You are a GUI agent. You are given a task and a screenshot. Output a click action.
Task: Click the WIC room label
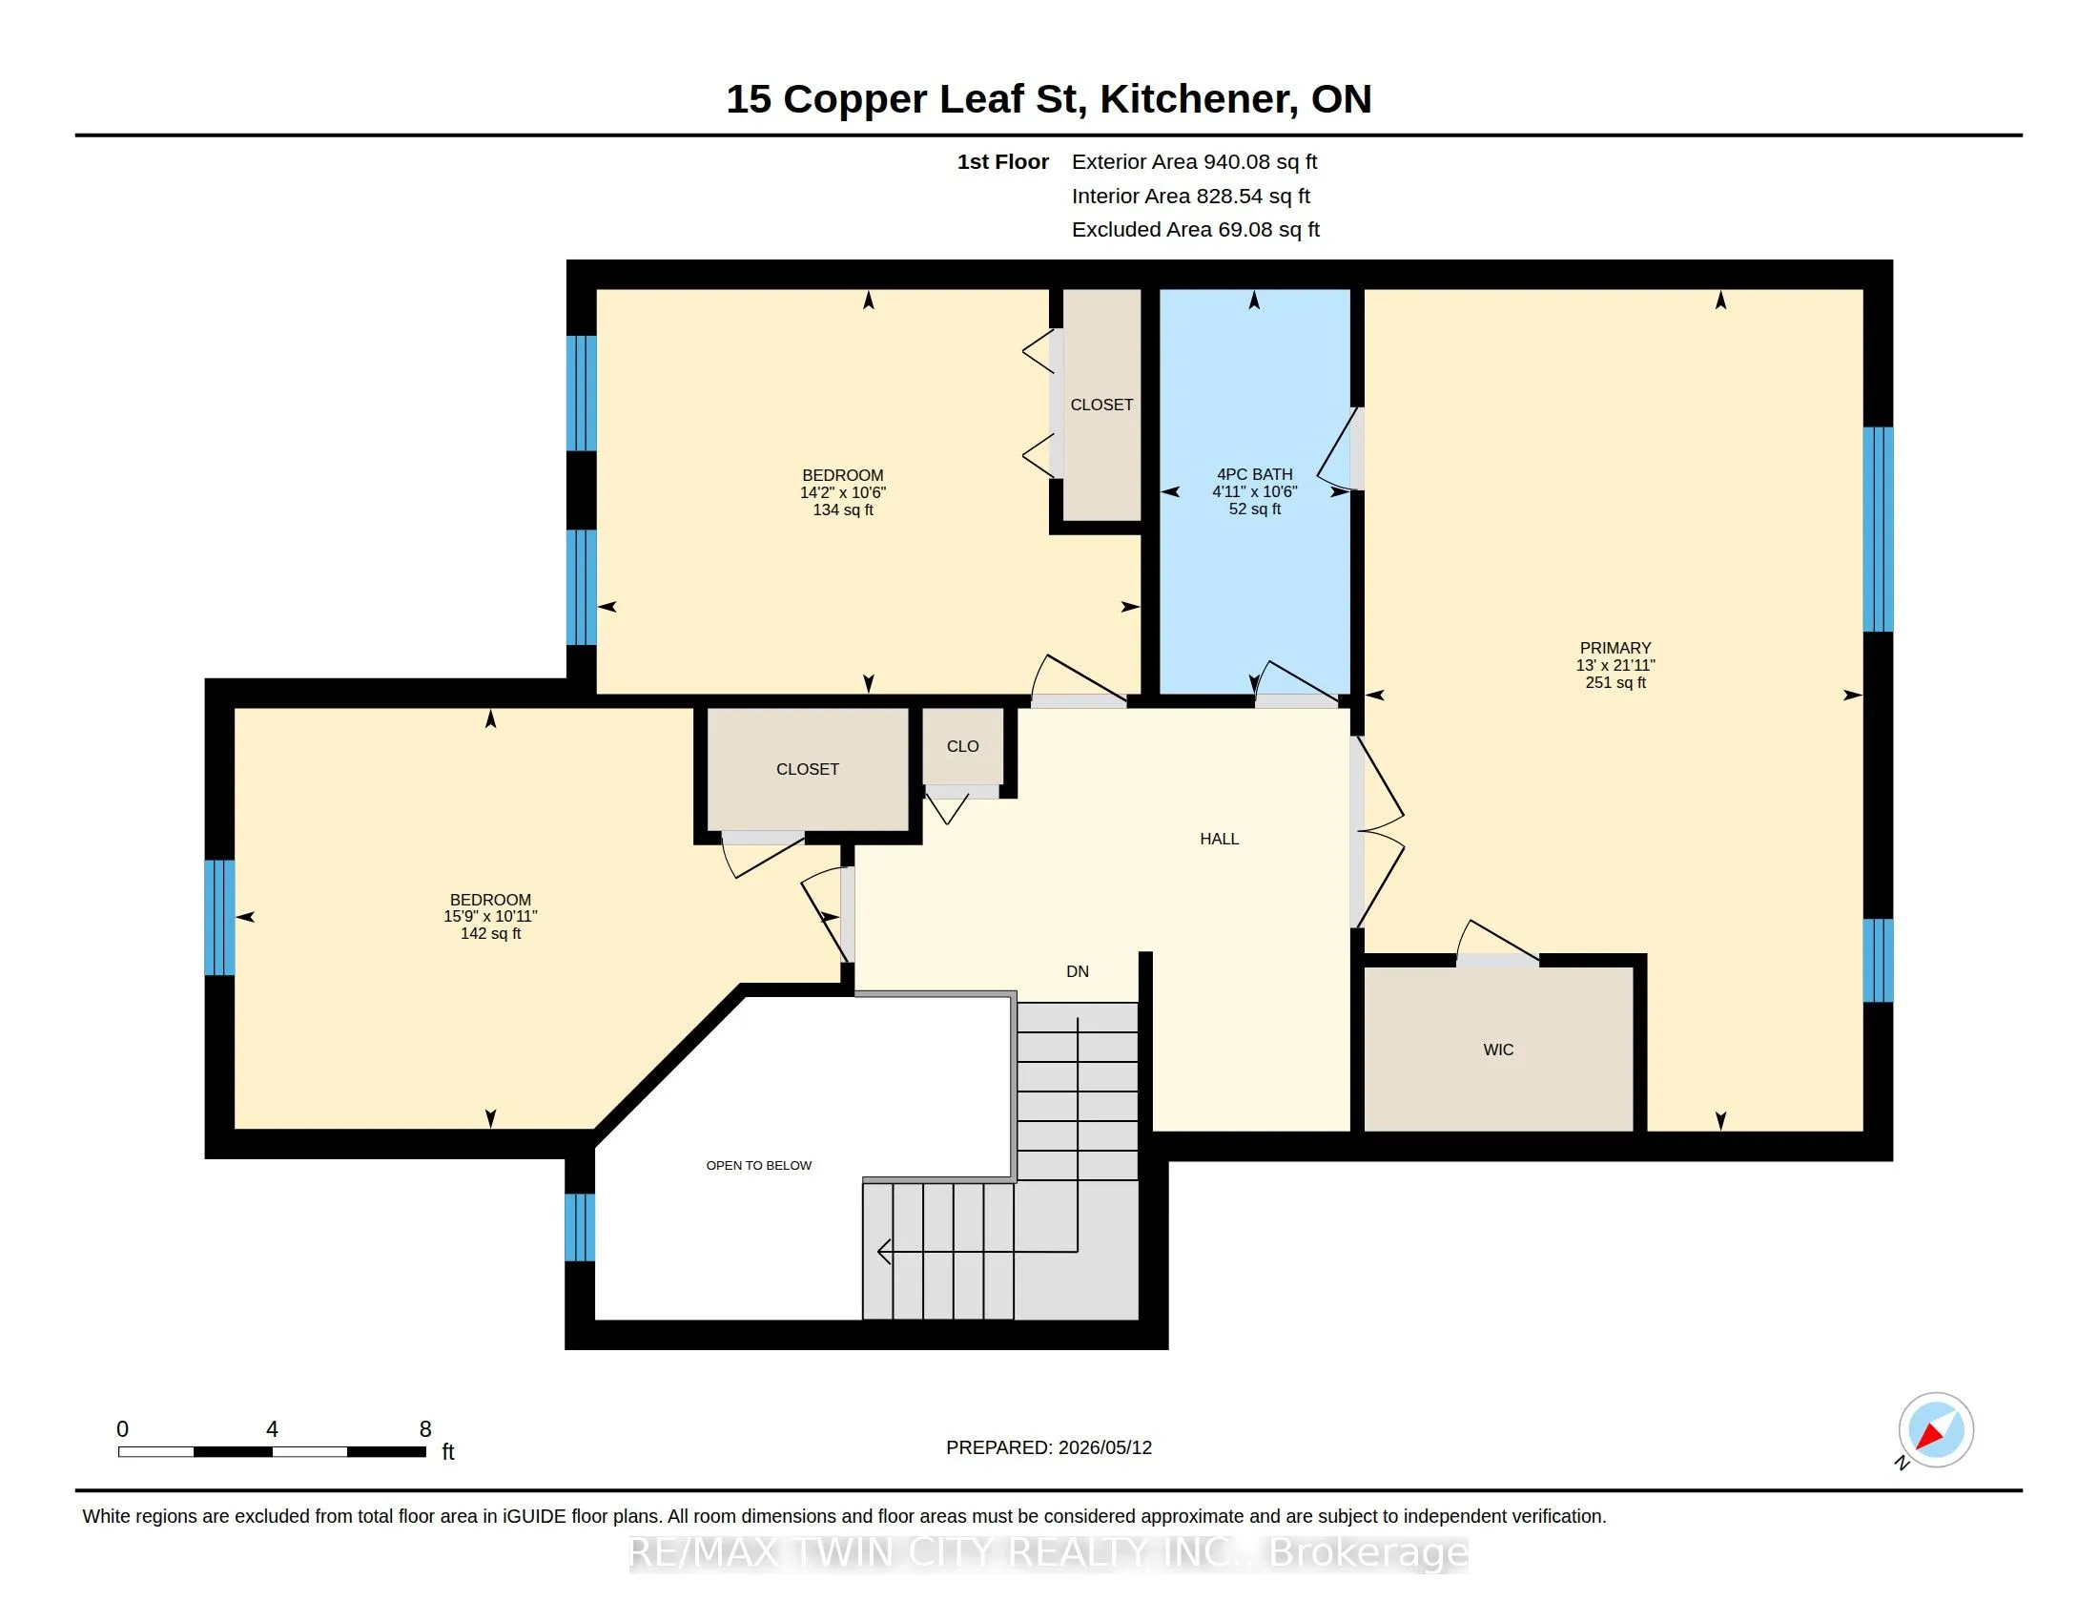tap(1497, 1050)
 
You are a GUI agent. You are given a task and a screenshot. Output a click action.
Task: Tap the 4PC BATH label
tap(1255, 474)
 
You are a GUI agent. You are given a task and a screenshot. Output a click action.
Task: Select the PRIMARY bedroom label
tap(1615, 648)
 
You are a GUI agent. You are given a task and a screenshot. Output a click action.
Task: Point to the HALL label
tap(1219, 839)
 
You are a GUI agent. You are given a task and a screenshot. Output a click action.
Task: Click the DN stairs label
tap(1077, 971)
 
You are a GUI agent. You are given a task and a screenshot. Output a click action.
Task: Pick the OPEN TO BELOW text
tap(759, 1166)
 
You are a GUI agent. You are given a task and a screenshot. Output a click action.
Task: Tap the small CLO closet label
tap(962, 747)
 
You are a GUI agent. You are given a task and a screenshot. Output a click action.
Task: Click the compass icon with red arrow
tap(1935, 1430)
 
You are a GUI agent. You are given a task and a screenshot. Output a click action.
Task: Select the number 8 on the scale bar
tap(425, 1429)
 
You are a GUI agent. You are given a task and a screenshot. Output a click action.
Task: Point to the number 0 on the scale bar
tap(122, 1429)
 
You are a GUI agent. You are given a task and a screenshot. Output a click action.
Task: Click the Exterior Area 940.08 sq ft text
tap(1194, 161)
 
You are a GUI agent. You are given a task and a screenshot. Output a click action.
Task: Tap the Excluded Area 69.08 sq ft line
tap(1196, 230)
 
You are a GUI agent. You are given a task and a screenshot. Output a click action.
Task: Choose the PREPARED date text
tap(1049, 1447)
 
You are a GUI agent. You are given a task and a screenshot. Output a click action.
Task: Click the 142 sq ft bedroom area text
tap(491, 933)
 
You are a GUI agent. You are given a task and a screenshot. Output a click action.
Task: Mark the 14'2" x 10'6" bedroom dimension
tap(842, 492)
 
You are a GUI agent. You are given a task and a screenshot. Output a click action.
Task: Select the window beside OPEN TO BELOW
tap(580, 1227)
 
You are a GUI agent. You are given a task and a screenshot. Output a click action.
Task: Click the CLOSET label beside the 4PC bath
tap(1101, 405)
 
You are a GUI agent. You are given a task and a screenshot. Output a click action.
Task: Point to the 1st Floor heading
tap(1003, 161)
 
